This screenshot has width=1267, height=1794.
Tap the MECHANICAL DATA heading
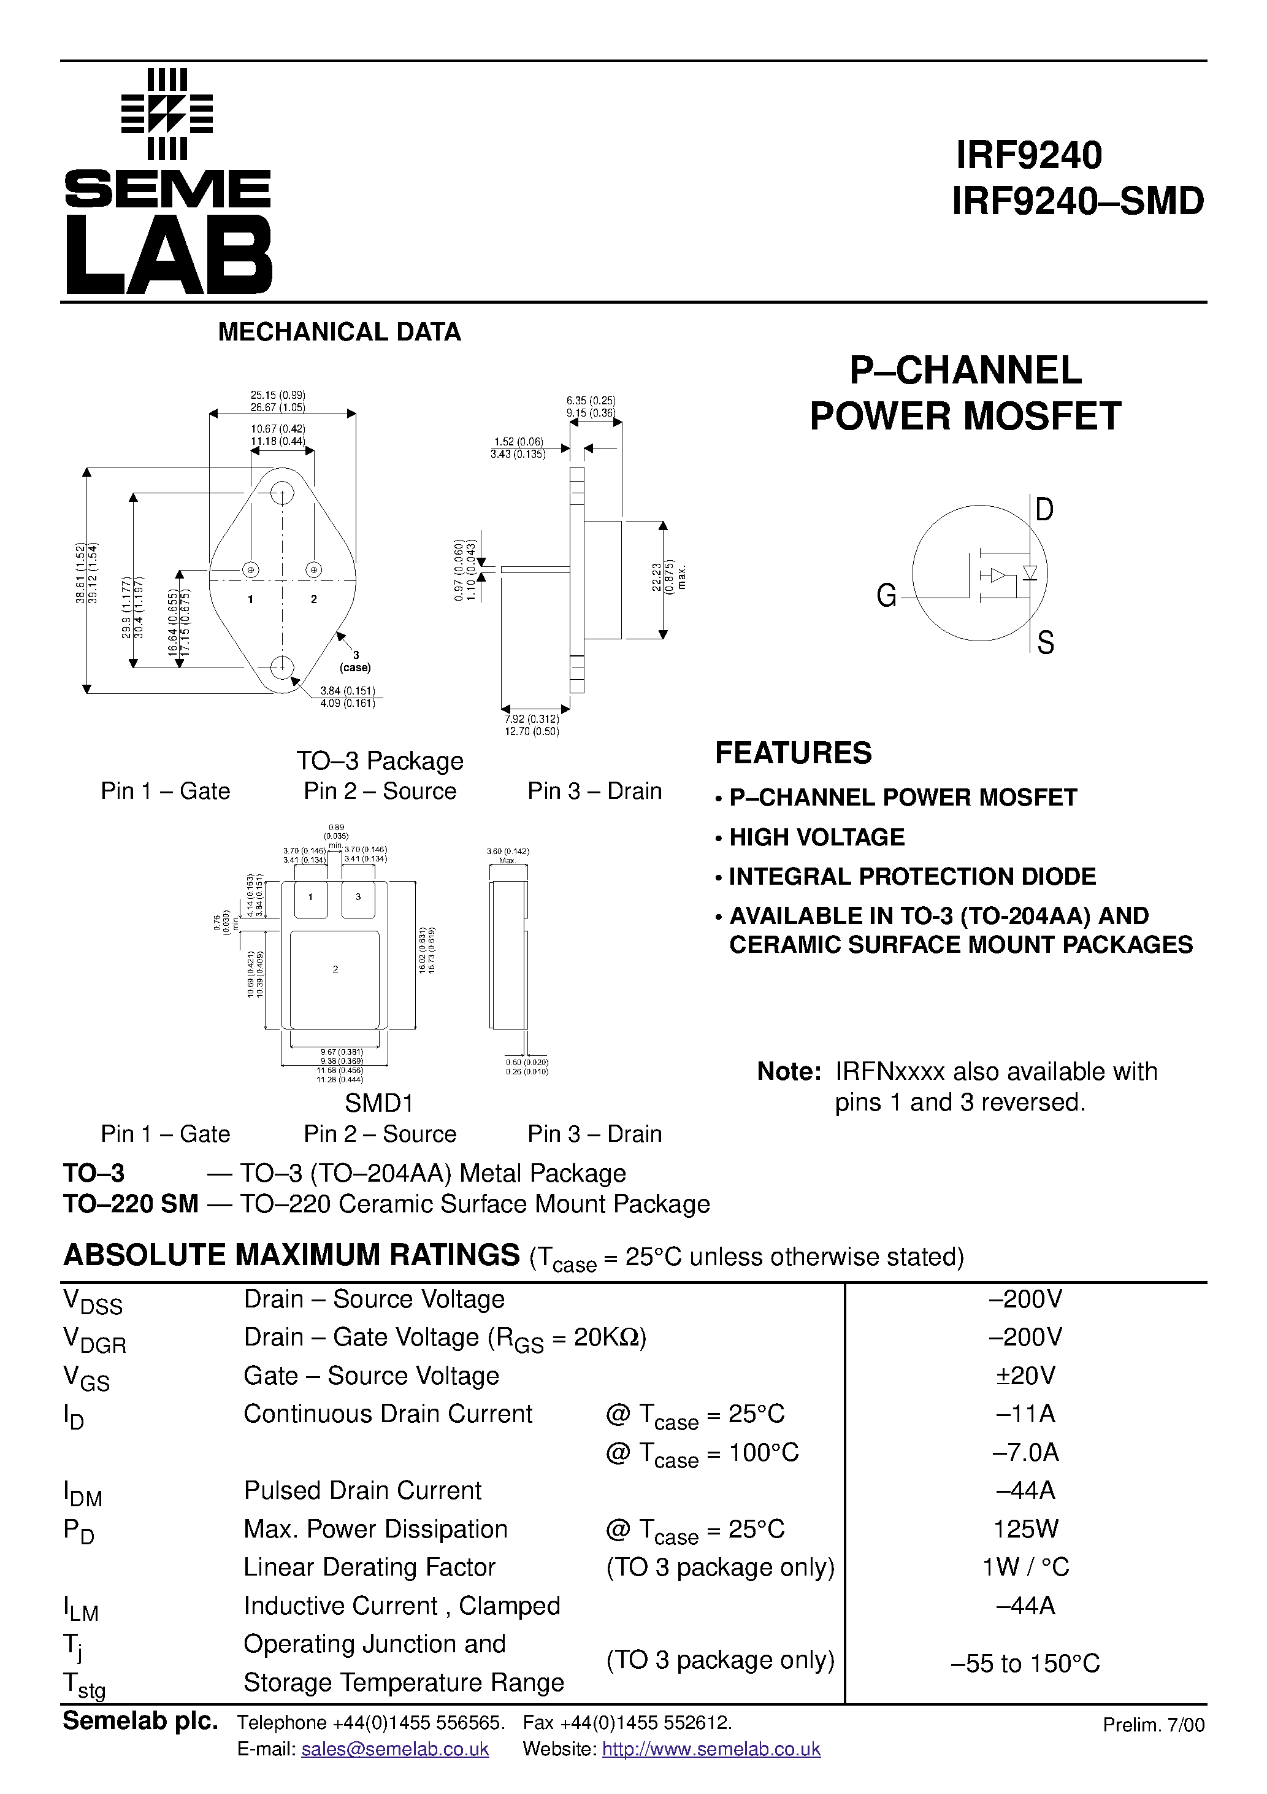pos(339,332)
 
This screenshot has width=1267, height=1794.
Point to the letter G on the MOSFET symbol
pos(887,597)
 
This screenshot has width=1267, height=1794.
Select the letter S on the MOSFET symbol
pos(1045,642)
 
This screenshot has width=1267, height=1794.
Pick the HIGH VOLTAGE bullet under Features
pos(816,837)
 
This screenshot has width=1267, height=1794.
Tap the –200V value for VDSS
pos(1025,1299)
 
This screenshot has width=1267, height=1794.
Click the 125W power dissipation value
pos(1025,1528)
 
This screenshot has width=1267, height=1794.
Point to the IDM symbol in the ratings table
pos(82,1494)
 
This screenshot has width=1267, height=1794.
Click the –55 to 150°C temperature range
pos(1025,1663)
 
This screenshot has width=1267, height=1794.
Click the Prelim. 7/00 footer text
pos(1153,1725)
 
